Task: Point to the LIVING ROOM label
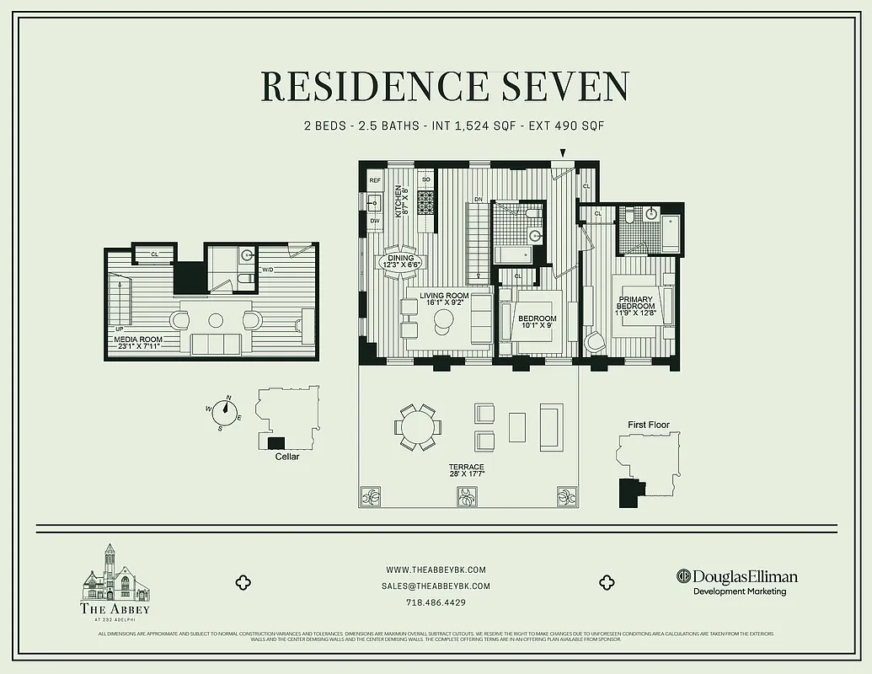(445, 298)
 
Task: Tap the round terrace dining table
(418, 427)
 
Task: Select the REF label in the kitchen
(375, 180)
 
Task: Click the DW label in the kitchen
(375, 221)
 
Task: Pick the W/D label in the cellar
(267, 270)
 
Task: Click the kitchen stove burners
(425, 202)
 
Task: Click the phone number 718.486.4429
(436, 602)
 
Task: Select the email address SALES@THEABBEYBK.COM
(436, 586)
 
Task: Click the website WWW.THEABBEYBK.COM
(436, 570)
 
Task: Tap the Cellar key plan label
(287, 457)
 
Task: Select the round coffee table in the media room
(217, 320)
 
